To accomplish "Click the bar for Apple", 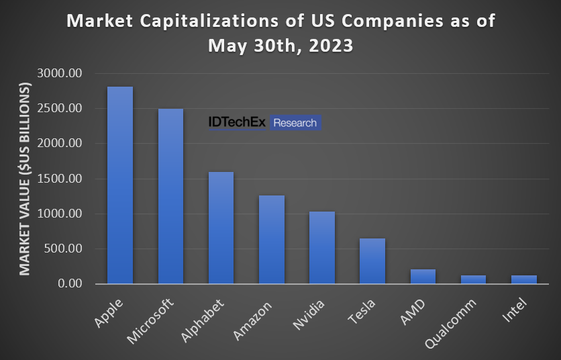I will click(x=120, y=185).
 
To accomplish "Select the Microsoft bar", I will click(x=170, y=196).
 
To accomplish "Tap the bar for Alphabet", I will click(x=221, y=228).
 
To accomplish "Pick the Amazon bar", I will click(x=272, y=240).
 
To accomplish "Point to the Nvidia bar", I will click(x=322, y=248).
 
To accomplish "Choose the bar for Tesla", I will click(x=372, y=261).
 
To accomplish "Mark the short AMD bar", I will click(x=423, y=277).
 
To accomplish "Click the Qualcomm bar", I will click(x=473, y=279).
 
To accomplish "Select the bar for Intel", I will click(x=523, y=279).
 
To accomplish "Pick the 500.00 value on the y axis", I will click(x=66, y=249).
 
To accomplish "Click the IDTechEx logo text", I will click(x=237, y=122).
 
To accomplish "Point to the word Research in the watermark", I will click(x=295, y=122).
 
